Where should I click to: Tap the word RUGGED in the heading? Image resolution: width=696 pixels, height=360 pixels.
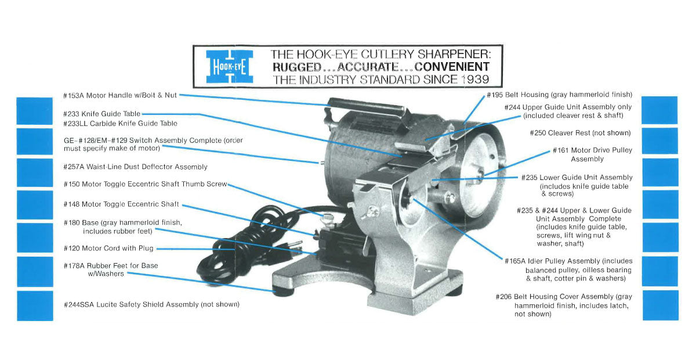pyautogui.click(x=296, y=67)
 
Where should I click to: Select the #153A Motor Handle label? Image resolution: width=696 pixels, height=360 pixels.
pyautogui.click(x=120, y=95)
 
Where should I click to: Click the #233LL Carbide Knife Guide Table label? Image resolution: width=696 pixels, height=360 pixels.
pyautogui.click(x=120, y=124)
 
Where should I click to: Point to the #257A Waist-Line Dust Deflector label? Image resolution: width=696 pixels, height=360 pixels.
pyautogui.click(x=135, y=167)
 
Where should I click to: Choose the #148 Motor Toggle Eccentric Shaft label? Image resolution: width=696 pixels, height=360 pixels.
pyautogui.click(x=121, y=204)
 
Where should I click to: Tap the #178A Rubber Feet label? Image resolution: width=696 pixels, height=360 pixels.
pyautogui.click(x=110, y=269)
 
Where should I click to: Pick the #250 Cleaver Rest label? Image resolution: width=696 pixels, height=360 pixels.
pyautogui.click(x=580, y=133)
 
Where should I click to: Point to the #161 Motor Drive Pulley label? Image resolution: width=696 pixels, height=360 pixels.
pyautogui.click(x=593, y=154)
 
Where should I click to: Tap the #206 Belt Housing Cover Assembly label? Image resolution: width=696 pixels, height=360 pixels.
pyautogui.click(x=564, y=305)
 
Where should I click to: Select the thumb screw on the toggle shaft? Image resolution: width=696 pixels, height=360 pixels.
pyautogui.click(x=329, y=218)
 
